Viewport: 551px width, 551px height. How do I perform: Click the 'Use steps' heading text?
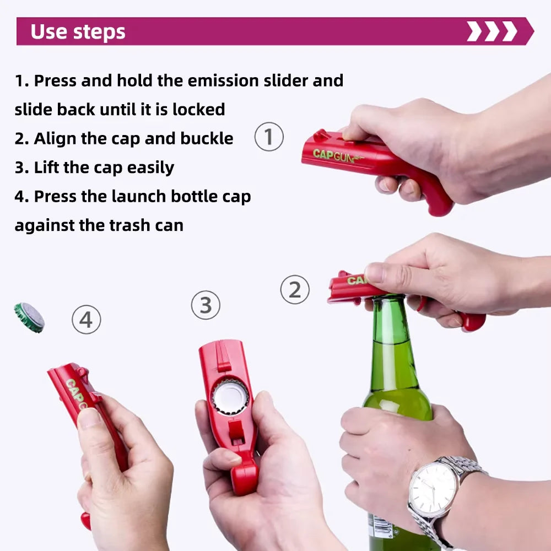78,32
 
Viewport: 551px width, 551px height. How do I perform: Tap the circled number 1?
269,137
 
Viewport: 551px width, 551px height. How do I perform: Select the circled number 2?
295,290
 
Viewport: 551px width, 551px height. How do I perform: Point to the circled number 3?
206,305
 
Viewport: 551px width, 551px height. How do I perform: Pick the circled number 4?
87,320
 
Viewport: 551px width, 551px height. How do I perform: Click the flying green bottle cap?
29,317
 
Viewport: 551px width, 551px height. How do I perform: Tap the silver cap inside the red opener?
230,396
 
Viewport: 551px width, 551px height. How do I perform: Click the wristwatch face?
433,487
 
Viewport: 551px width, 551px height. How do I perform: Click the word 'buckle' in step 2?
207,138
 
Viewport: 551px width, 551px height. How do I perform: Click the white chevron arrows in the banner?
491,31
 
